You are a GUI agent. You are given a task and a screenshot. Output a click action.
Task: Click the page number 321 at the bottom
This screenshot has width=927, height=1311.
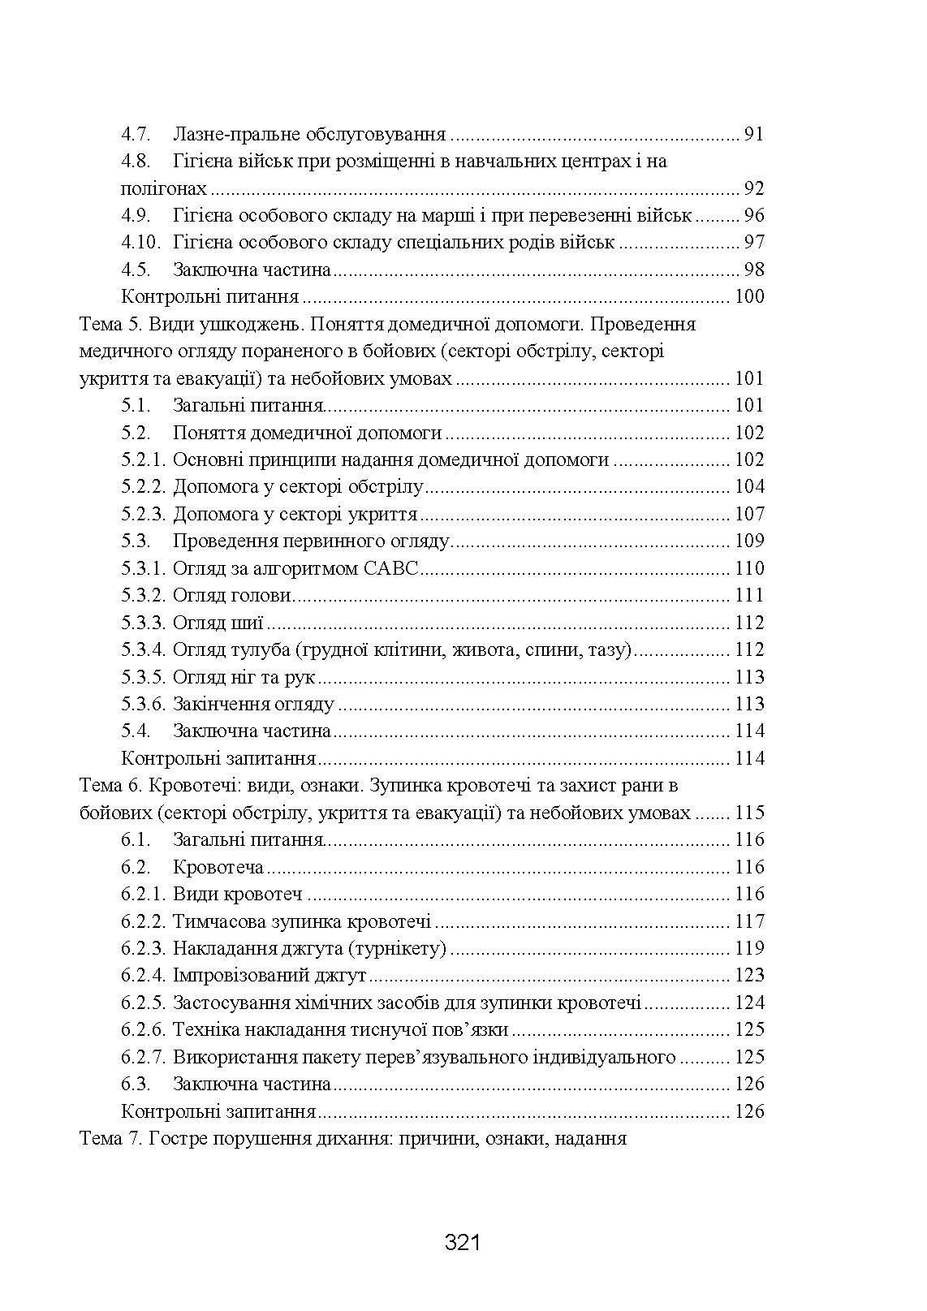(463, 1243)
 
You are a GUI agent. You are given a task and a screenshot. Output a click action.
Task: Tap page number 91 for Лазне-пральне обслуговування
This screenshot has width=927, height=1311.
(753, 134)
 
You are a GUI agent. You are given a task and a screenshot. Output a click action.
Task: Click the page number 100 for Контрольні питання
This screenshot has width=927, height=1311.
(748, 296)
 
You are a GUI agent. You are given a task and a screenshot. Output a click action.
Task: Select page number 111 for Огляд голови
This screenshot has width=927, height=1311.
(748, 595)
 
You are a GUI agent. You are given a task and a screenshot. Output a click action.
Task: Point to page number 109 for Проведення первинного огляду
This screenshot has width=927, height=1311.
(748, 541)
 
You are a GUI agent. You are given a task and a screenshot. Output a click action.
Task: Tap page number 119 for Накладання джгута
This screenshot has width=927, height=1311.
(748, 948)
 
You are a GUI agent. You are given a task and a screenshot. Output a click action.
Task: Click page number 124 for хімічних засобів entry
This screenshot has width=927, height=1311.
(748, 1003)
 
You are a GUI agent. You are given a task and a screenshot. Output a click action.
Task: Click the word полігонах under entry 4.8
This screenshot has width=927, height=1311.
(163, 188)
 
